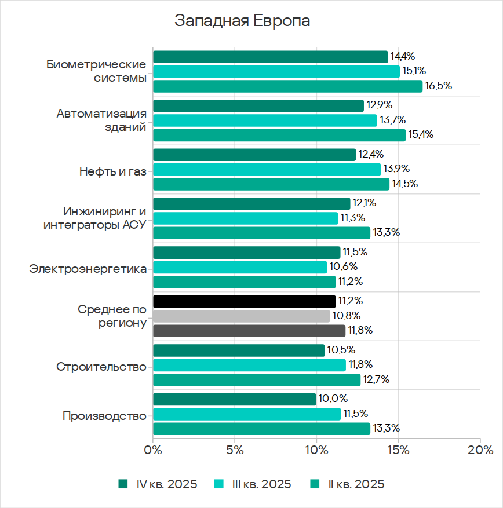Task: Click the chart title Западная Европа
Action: (242, 21)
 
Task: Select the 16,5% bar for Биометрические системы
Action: (287, 86)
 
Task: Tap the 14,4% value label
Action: (402, 56)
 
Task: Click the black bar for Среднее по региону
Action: (244, 301)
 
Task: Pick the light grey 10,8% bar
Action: (241, 316)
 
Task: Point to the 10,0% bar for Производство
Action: (234, 399)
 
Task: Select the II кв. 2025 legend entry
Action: (347, 484)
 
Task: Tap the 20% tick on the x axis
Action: (480, 450)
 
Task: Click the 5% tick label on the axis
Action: (234, 450)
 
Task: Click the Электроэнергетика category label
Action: (88, 269)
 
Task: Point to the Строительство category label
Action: (101, 367)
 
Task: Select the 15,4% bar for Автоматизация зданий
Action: (279, 135)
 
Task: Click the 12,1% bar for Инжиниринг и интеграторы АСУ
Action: (251, 203)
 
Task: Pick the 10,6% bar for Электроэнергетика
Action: (239, 267)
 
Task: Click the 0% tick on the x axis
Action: (152, 450)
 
